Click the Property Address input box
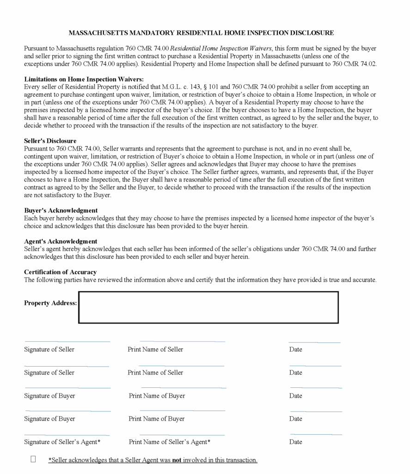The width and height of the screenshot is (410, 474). pyautogui.click(x=208, y=307)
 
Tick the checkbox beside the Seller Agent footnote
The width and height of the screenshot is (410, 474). pyautogui.click(x=33, y=459)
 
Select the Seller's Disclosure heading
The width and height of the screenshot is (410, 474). pyautogui.click(x=50, y=141)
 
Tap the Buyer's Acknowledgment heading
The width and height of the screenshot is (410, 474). pyautogui.click(x=61, y=210)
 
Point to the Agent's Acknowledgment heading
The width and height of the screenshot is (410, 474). pyautogui.click(x=61, y=241)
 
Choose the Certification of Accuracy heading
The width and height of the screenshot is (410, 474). pyautogui.click(x=60, y=272)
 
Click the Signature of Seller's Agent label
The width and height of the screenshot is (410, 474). pyautogui.click(x=62, y=442)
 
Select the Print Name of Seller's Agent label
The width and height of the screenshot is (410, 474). pyautogui.click(x=169, y=442)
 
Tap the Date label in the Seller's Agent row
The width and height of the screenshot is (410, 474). pyautogui.click(x=295, y=442)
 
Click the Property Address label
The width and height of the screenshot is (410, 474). pyautogui.click(x=50, y=303)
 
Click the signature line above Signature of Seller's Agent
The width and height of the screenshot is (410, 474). pyautogui.click(x=67, y=435)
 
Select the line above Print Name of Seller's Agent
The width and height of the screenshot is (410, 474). pyautogui.click(x=182, y=435)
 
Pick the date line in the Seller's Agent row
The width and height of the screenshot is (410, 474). pyautogui.click(x=316, y=435)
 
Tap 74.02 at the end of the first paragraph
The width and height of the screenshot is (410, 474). pyautogui.click(x=367, y=64)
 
